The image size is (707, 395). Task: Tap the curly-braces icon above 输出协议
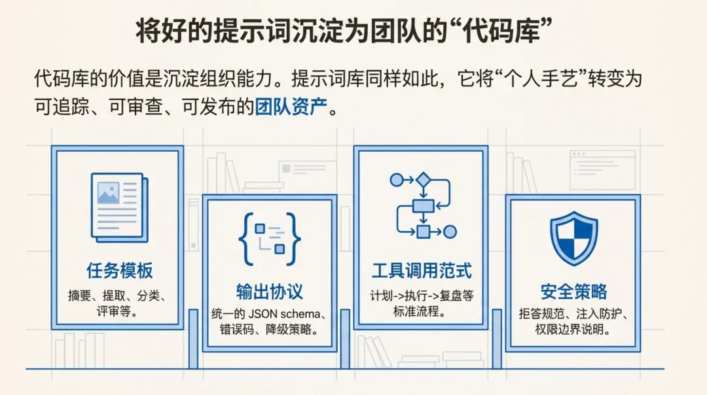click(270, 237)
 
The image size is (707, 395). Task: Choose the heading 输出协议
click(270, 292)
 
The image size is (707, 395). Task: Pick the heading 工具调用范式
click(422, 270)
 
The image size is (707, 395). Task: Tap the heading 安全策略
click(573, 292)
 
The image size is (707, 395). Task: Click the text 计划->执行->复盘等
click(422, 295)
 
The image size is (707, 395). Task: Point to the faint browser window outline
click(602, 169)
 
